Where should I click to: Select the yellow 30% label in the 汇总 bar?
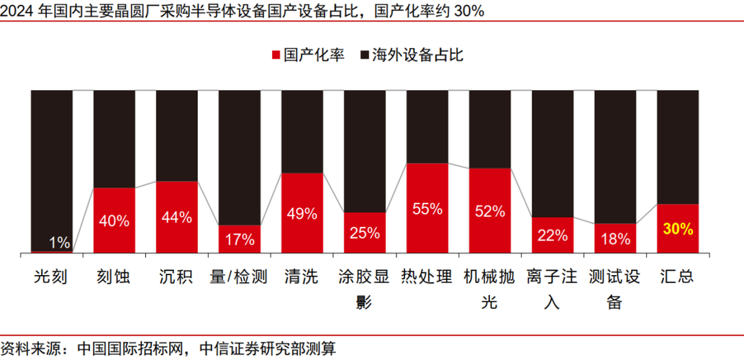pos(679,230)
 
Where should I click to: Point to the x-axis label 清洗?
pos(301,276)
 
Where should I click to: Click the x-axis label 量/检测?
pos(239,276)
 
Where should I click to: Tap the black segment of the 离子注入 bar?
pos(553,153)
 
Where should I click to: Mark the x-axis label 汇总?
pos(679,276)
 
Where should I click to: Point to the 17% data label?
pos(240,238)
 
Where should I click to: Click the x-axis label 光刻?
pos(51,276)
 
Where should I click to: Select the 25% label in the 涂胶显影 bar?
pos(365,233)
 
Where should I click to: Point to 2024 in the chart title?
pos(17,10)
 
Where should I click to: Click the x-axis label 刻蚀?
pos(114,276)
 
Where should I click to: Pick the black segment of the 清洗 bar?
pos(302,131)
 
